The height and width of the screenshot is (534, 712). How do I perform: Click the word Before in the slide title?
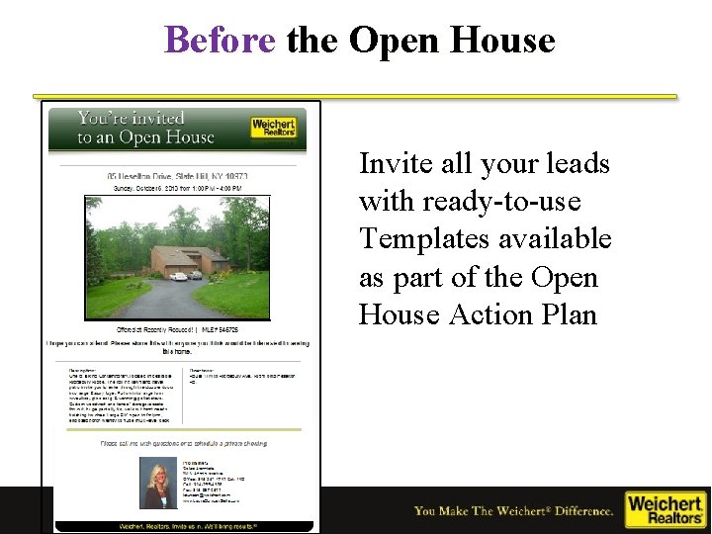pos(220,41)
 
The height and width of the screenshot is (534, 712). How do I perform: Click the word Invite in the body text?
pos(394,163)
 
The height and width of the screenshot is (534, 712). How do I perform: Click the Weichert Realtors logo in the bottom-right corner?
pos(666,510)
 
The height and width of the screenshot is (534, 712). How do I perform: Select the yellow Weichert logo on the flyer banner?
pos(274,129)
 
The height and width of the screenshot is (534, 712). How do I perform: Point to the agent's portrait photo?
pos(158,486)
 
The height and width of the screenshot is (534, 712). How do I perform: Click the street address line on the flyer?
pos(178,175)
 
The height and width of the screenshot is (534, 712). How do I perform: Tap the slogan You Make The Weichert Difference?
pos(513,511)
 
